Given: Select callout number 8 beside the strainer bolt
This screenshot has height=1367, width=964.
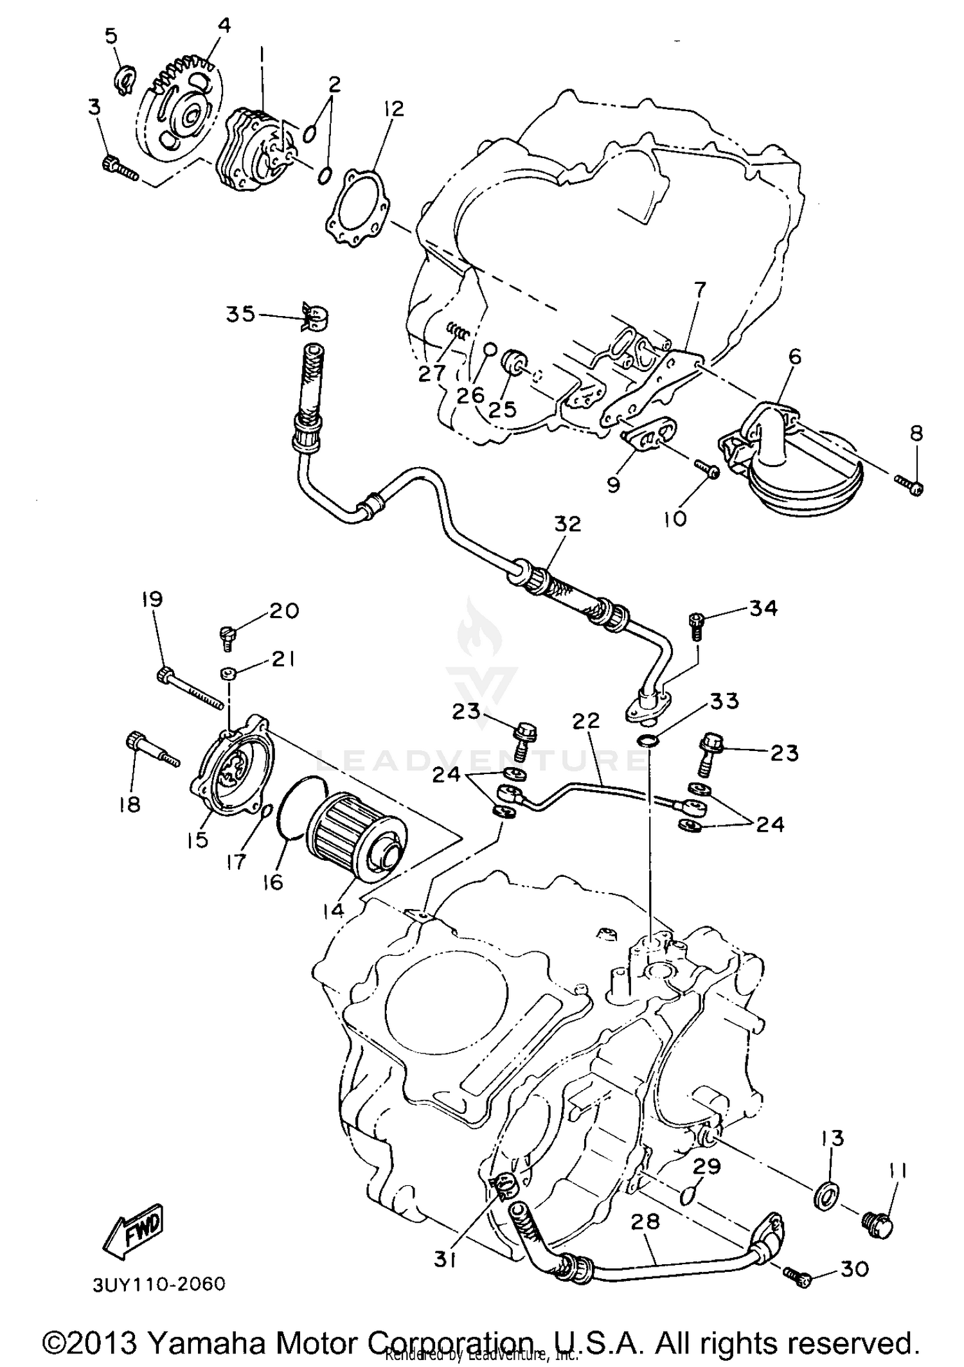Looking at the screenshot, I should pos(916,434).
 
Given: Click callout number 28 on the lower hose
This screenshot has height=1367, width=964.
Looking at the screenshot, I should pos(645,1222).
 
